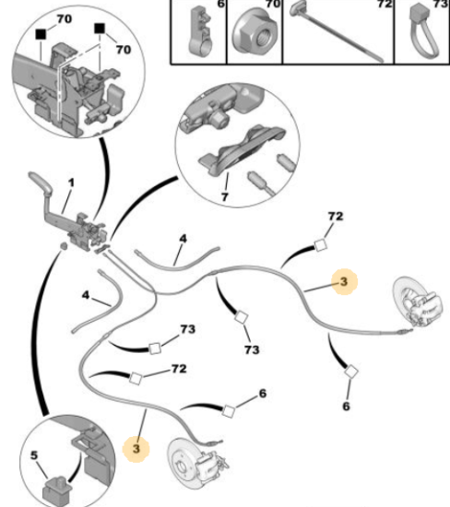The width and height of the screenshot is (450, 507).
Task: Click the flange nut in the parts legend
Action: (x=255, y=32)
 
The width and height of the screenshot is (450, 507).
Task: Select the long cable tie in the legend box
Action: (x=337, y=30)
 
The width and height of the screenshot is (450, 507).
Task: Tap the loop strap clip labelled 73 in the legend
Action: (x=422, y=31)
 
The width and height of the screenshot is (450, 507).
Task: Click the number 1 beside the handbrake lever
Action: (x=71, y=183)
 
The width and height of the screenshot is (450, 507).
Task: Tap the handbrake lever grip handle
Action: (x=41, y=182)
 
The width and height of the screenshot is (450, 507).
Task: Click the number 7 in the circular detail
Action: (x=224, y=196)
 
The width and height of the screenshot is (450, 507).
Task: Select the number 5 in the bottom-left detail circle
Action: (x=34, y=455)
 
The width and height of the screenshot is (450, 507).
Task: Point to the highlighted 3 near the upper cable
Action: (x=344, y=282)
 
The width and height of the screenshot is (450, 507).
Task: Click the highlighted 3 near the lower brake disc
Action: (x=136, y=449)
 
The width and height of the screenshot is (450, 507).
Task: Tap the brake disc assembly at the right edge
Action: (x=419, y=303)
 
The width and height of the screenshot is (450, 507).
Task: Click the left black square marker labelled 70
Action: (x=41, y=34)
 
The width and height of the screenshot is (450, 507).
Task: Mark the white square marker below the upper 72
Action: (x=321, y=245)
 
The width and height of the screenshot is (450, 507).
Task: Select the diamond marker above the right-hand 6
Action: (x=351, y=371)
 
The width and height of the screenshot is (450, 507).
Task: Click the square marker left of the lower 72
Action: (x=136, y=378)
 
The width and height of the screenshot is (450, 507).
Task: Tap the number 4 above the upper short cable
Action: (x=184, y=239)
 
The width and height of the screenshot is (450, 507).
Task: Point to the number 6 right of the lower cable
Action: (x=263, y=394)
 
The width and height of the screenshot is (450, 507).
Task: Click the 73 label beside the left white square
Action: (x=188, y=329)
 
